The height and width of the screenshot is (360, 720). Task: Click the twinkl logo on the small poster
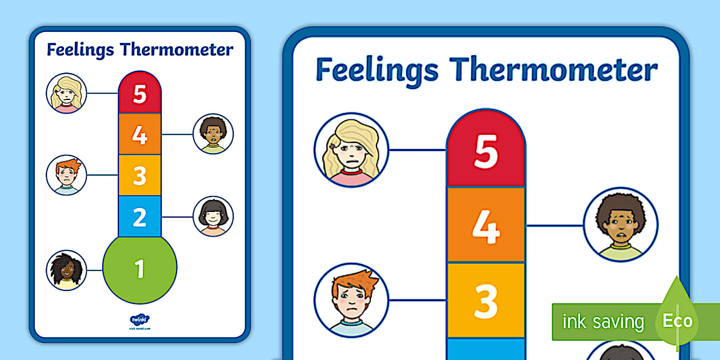pos(139,321)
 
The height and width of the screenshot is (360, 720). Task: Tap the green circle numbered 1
pos(140,269)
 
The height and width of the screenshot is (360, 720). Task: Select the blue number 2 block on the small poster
pos(140,217)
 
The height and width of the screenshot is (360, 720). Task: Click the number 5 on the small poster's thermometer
pos(140,94)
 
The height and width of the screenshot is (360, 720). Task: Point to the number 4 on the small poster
pos(140,135)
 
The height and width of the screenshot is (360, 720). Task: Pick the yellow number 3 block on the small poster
pos(140,176)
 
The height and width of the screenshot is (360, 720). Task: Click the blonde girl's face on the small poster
pos(66,93)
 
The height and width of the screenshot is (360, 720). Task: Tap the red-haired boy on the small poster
pos(66,175)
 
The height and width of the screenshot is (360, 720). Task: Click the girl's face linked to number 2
pos(213,216)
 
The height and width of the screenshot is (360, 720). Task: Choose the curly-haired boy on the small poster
pos(213,134)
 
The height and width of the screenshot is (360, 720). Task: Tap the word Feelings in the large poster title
pos(377,71)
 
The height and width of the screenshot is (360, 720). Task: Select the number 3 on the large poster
pos(486,302)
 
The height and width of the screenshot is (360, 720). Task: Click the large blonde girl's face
pos(351,150)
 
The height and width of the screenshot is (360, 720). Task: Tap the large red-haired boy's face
pos(351,300)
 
